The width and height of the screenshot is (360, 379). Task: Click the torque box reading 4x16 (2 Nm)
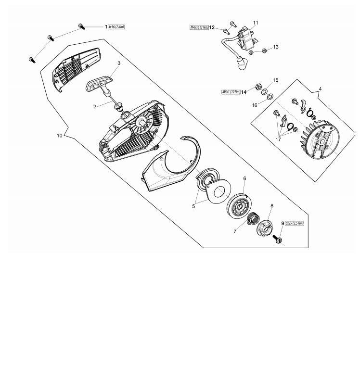tap(116, 27)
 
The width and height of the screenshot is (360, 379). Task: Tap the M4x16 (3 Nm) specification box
tap(199, 27)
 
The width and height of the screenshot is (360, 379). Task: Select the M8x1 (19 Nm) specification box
tap(231, 92)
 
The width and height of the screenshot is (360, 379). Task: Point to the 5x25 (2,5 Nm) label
tap(295, 223)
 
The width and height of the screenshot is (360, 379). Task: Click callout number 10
tap(60, 136)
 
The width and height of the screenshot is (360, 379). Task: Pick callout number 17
tap(278, 139)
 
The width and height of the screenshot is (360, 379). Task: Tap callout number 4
tap(320, 89)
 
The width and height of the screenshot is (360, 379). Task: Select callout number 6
tap(244, 178)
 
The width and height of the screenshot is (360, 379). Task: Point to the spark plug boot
tap(243, 63)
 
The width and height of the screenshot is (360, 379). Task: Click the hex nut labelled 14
tap(258, 86)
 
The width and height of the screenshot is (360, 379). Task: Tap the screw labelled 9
tap(278, 239)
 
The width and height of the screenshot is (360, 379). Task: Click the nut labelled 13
tap(264, 51)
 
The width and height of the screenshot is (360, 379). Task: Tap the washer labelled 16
tap(270, 97)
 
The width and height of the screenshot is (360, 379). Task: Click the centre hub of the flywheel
tap(322, 141)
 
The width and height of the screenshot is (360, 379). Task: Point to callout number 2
tap(95, 107)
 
